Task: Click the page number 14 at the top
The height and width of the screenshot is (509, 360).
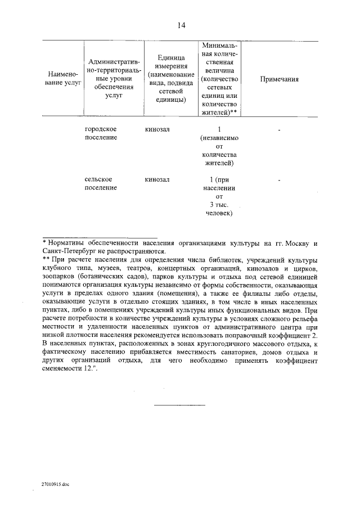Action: [180, 25]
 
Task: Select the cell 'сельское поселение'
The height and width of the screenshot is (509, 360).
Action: [101, 183]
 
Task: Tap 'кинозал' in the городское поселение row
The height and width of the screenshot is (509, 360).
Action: [157, 129]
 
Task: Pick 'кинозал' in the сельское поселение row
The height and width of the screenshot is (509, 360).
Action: [157, 179]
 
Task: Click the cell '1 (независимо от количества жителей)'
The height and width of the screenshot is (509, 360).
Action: [219, 146]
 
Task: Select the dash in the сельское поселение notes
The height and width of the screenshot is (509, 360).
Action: [279, 180]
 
